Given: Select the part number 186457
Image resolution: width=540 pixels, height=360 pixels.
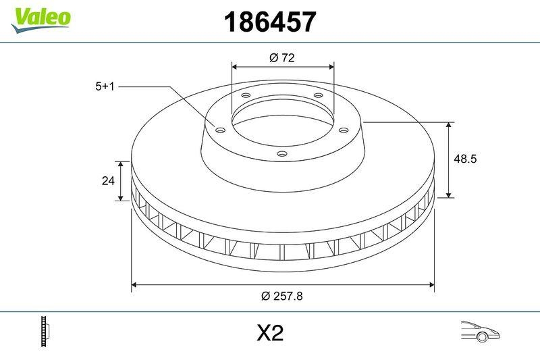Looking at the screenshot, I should [x=269, y=22].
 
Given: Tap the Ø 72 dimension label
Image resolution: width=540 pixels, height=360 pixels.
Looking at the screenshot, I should [x=282, y=58].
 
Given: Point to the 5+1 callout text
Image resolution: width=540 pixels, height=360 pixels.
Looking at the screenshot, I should [x=106, y=86].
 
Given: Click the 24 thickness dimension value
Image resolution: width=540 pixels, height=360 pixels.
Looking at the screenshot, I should [x=107, y=181].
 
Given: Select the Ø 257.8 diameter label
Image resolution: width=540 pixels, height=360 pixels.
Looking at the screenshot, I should [x=282, y=296].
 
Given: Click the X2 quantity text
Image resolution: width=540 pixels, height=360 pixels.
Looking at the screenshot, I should [x=269, y=333].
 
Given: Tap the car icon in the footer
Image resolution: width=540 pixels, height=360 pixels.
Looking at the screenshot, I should [x=479, y=332].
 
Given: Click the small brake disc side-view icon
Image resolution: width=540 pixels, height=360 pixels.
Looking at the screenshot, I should [x=46, y=332].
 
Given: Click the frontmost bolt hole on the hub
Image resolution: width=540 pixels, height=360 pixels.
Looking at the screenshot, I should [x=282, y=155].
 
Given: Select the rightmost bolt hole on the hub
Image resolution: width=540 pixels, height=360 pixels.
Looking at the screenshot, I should [x=343, y=130].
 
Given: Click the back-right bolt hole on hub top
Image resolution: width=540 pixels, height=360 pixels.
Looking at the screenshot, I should [x=317, y=96].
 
